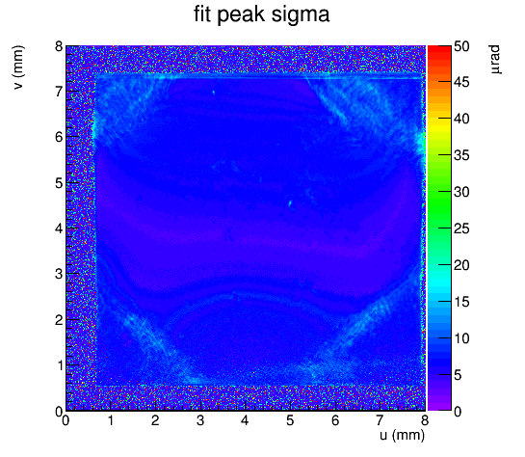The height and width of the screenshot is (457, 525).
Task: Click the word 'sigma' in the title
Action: click(301, 15)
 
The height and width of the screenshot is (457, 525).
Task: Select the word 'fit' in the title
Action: click(202, 13)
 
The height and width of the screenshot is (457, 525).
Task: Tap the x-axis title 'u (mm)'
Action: click(402, 435)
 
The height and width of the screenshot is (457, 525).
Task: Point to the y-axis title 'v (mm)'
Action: click(18, 67)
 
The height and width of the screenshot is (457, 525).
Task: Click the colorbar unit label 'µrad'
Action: click(495, 60)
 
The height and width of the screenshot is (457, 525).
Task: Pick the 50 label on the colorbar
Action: click(461, 46)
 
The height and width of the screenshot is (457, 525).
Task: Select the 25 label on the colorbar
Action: click(461, 229)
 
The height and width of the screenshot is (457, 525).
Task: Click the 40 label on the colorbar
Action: click(461, 119)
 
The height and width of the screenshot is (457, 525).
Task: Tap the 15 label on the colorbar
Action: click(461, 302)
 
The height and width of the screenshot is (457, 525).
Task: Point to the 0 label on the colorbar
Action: click(458, 411)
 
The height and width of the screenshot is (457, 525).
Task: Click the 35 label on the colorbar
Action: click(461, 156)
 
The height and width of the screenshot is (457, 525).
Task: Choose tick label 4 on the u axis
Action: click(245, 420)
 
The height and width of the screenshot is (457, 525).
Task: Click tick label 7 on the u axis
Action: click(380, 420)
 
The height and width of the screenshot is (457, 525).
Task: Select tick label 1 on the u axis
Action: click(111, 420)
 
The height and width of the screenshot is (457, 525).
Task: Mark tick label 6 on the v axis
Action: click(59, 137)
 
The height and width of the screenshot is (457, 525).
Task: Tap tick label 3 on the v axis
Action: click(59, 274)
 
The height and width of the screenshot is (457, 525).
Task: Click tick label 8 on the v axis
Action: click(59, 46)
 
